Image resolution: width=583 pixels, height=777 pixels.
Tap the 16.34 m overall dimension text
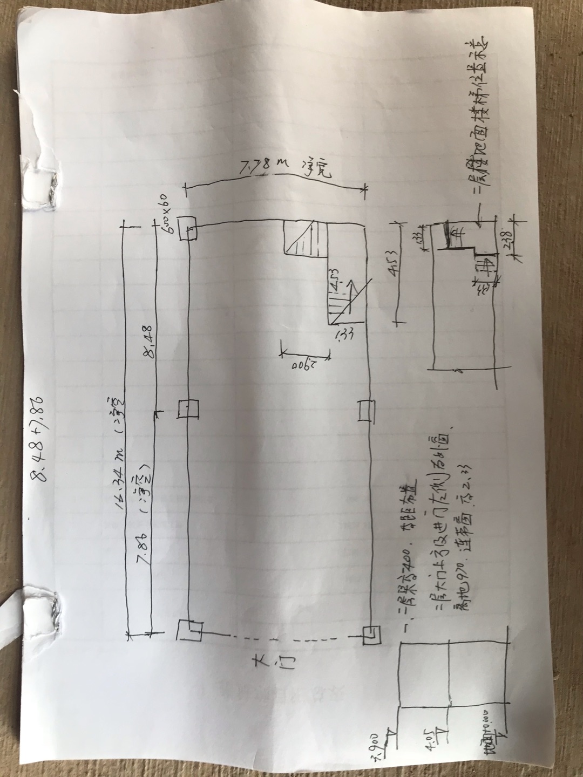pos(117,451)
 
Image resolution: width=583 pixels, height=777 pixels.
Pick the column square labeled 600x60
pos(188,228)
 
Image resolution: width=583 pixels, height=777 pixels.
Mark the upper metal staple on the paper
pos(55,187)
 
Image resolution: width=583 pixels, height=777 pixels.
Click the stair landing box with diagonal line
pos(306,238)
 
